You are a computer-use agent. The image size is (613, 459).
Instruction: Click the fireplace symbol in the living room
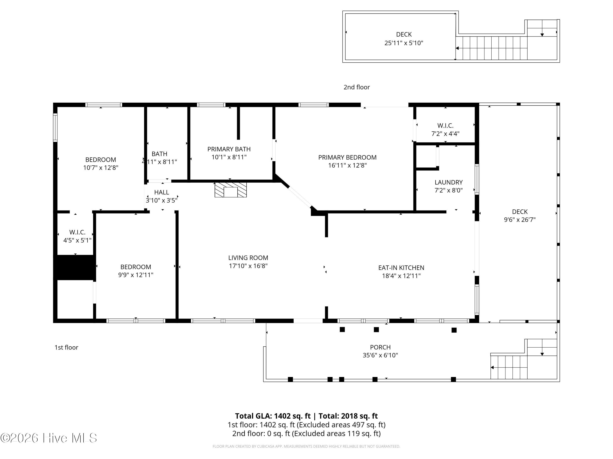pyautogui.click(x=230, y=190)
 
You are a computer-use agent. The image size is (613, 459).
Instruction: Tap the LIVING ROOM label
pyautogui.click(x=248, y=258)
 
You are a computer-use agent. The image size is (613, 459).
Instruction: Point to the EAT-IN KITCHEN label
pyautogui.click(x=401, y=268)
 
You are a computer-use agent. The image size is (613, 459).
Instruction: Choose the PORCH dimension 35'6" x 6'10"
pyautogui.click(x=380, y=355)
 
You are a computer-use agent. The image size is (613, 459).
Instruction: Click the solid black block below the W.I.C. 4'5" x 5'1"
pyautogui.click(x=75, y=267)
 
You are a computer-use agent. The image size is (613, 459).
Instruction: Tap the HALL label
pyautogui.click(x=162, y=192)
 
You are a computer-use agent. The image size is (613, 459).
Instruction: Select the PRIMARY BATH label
pyautogui.click(x=229, y=149)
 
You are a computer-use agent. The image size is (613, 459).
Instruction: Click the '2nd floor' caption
pyautogui.click(x=357, y=87)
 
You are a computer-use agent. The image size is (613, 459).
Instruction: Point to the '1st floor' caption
pyautogui.click(x=66, y=347)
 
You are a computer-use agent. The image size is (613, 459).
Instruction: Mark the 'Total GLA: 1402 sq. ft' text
pyautogui.click(x=273, y=416)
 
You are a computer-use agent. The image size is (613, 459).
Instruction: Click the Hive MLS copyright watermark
pyautogui.click(x=49, y=438)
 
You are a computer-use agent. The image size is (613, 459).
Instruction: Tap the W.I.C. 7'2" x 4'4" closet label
pyautogui.click(x=445, y=130)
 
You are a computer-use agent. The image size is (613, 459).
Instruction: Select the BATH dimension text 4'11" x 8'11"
pyautogui.click(x=160, y=162)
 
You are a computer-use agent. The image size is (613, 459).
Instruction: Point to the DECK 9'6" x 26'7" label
pyautogui.click(x=520, y=216)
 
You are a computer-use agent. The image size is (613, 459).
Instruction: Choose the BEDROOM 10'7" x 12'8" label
pyautogui.click(x=101, y=164)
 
